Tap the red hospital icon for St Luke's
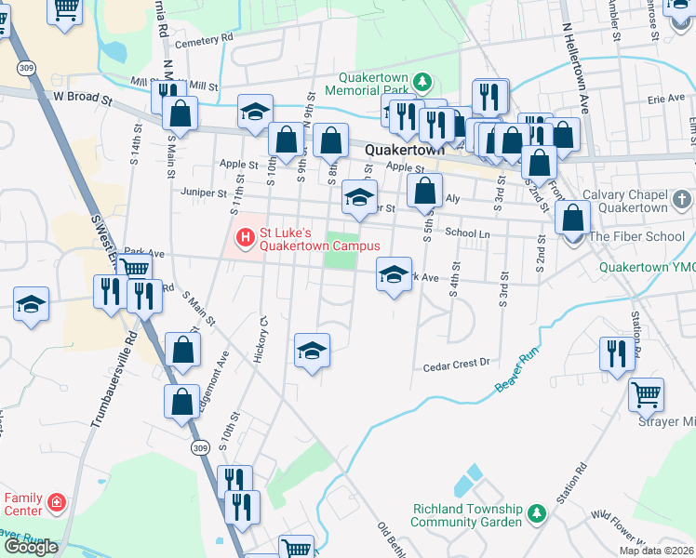coord(247,238)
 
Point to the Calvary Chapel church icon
coord(682,200)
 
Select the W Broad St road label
coord(82,96)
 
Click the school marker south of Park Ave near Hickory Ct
coord(313,351)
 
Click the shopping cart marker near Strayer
coord(645,393)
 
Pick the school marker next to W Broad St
coord(254,113)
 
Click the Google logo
coord(31,548)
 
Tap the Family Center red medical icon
coord(57,503)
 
